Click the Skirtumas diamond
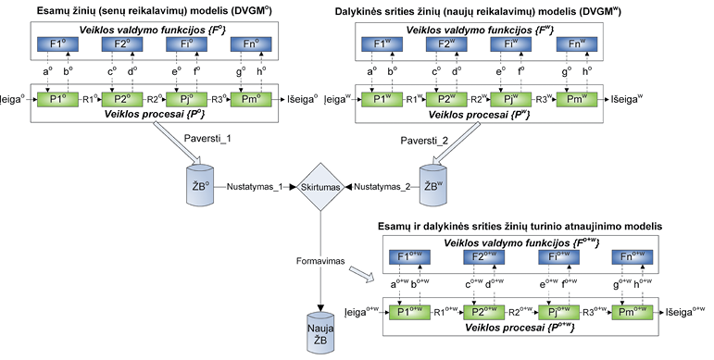(320, 187)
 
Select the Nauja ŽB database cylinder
(320, 333)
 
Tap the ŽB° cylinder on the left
(200, 184)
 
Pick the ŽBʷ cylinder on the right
(433, 184)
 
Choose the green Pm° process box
(251, 100)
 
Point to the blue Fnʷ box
(577, 44)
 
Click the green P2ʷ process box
(445, 100)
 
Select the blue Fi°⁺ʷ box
(558, 257)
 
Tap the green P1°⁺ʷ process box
(410, 313)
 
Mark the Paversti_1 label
(207, 139)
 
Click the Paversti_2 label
(424, 141)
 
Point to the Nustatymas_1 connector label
(255, 187)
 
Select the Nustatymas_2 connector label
(382, 187)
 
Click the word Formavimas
(320, 261)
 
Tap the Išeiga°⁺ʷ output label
(685, 312)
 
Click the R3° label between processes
(219, 99)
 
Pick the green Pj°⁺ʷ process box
(558, 313)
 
